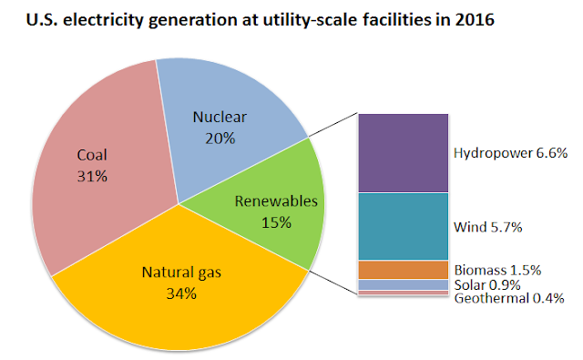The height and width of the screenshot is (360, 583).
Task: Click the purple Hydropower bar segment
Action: click(x=403, y=153)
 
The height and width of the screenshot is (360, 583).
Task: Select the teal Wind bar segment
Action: click(x=403, y=226)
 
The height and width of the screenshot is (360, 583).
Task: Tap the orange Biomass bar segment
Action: click(x=403, y=270)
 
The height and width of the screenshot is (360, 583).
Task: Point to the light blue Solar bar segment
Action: click(x=403, y=285)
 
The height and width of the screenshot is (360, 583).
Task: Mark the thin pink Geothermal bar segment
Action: click(x=403, y=293)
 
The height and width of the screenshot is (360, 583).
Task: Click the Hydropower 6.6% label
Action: click(x=510, y=153)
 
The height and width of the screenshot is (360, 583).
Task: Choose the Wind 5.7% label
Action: click(x=488, y=227)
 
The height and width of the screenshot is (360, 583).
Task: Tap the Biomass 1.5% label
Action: click(x=497, y=270)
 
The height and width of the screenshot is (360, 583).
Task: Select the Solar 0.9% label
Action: click(x=487, y=285)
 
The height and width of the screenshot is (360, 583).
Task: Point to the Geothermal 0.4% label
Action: click(x=509, y=298)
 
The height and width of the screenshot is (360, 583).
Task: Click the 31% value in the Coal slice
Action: click(x=92, y=176)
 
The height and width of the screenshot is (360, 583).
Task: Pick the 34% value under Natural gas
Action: click(x=181, y=293)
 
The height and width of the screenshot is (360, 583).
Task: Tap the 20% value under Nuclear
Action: click(x=220, y=139)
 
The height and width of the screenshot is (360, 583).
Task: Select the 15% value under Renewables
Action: click(x=276, y=222)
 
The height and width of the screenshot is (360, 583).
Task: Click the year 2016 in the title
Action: click(x=475, y=19)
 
